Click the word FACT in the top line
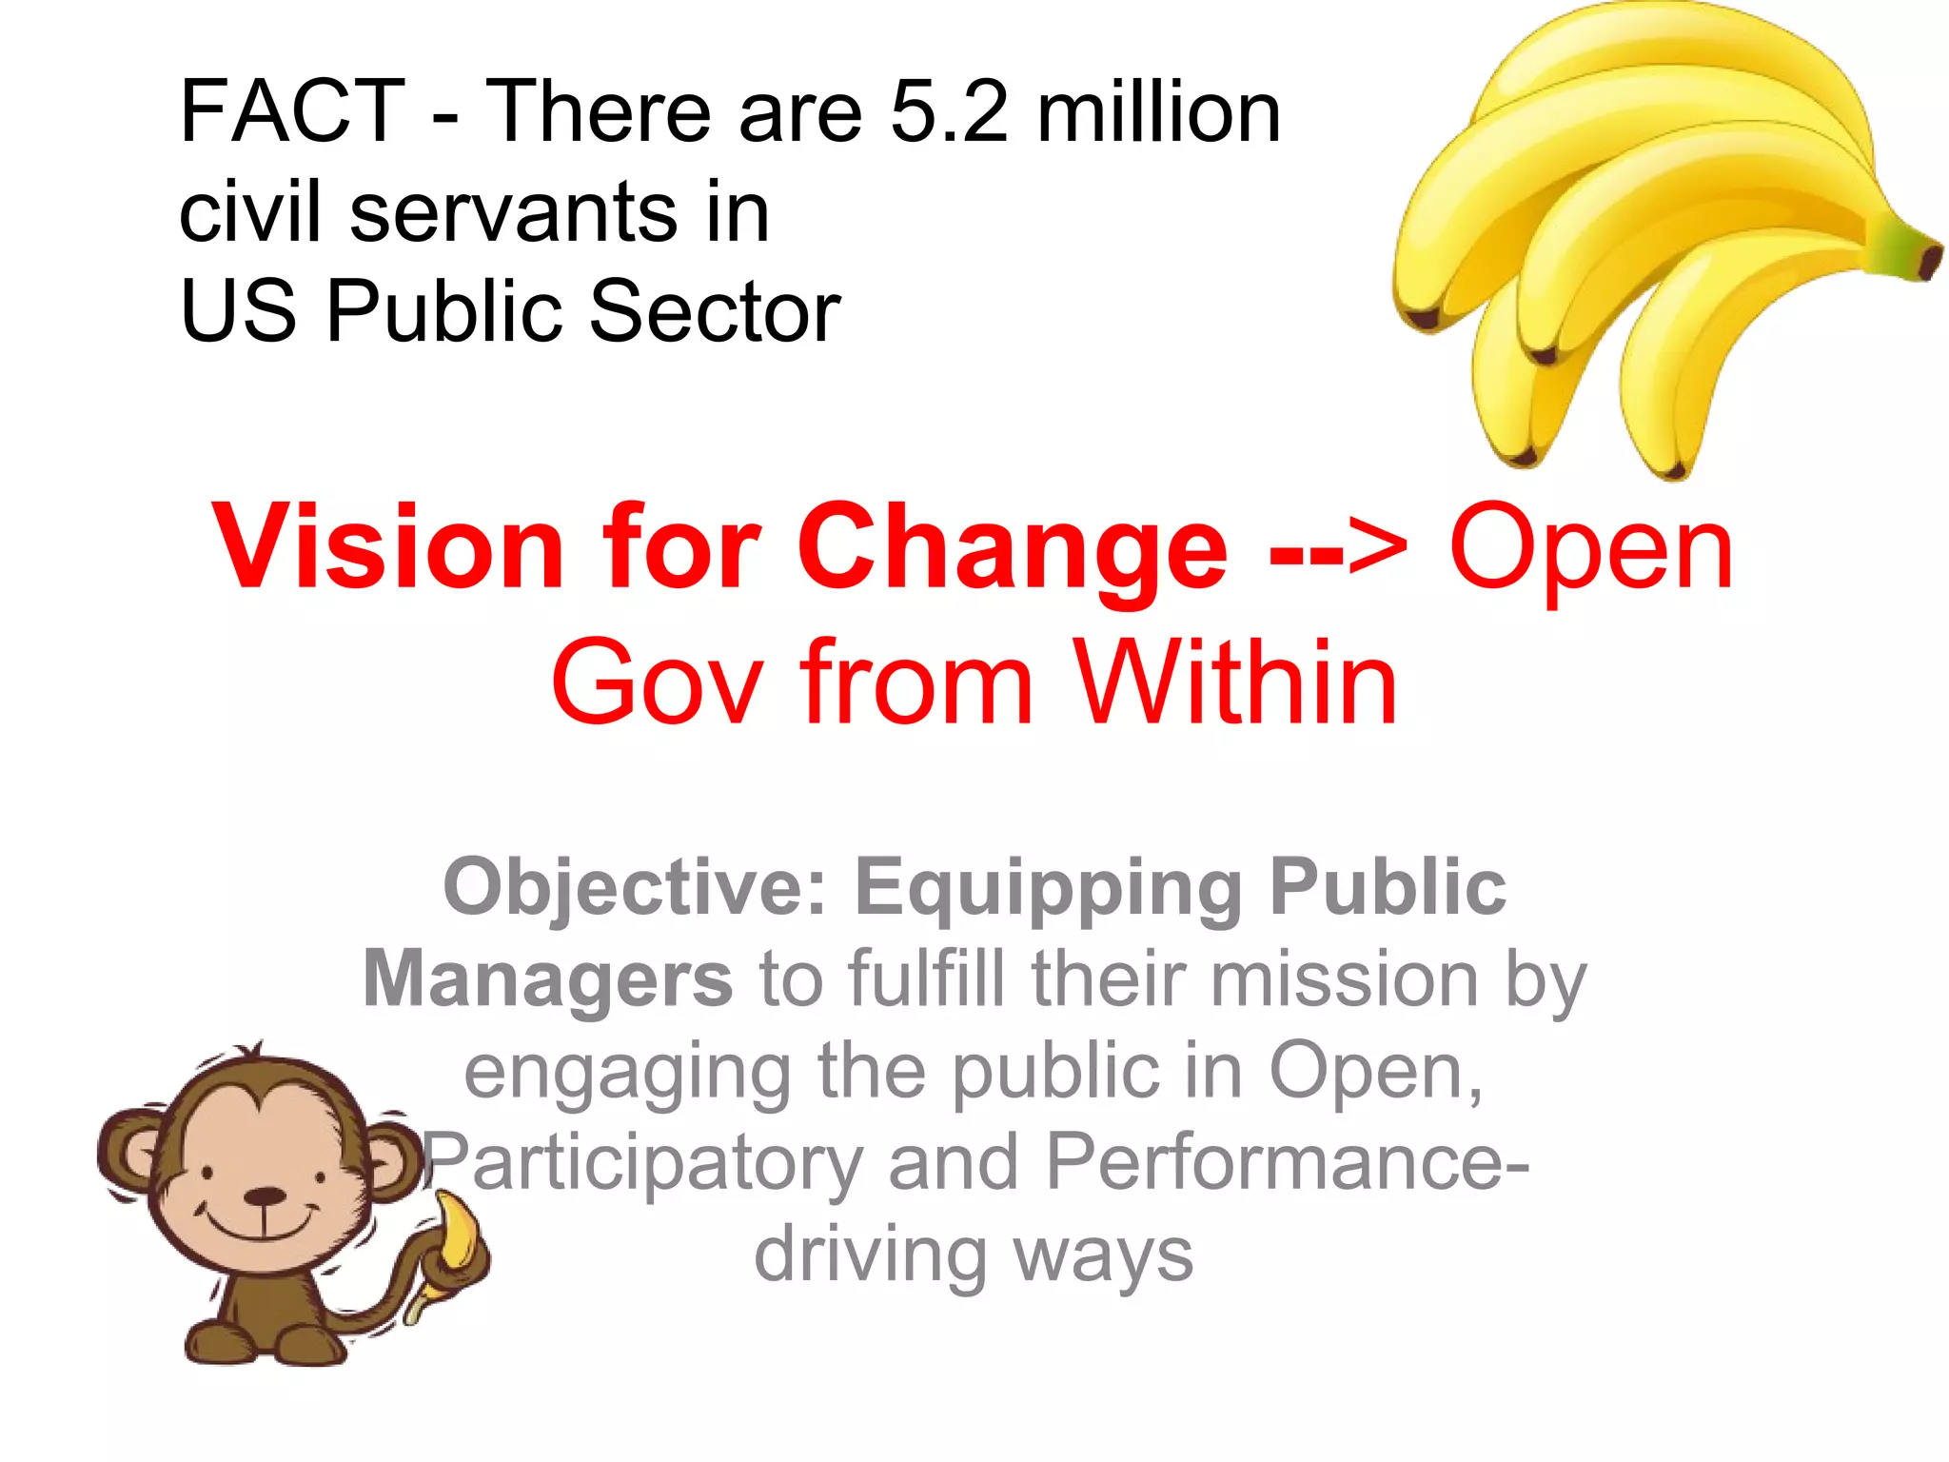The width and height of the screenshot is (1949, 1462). click(292, 112)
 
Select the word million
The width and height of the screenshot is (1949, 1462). click(1158, 112)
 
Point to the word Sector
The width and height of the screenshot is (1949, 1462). click(715, 311)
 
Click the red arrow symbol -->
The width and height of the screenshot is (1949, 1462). click(1337, 550)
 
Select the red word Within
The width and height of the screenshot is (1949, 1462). click(1235, 683)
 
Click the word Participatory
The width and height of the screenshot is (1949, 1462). click(643, 1163)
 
